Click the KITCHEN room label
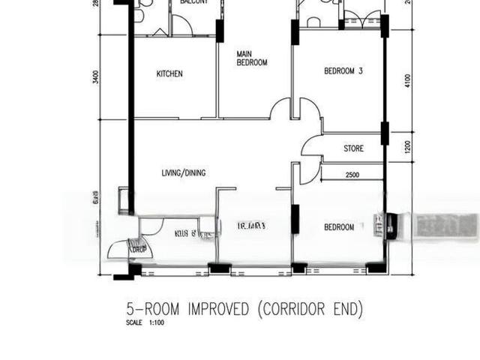[x=169, y=73]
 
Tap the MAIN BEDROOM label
[x=251, y=58]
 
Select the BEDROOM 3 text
[x=343, y=71]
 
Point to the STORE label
[x=353, y=148]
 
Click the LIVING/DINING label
[x=184, y=173]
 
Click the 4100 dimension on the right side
[x=408, y=80]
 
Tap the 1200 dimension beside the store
[x=408, y=148]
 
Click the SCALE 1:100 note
[x=145, y=323]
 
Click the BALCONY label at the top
[x=194, y=2]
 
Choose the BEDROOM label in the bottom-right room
[x=339, y=227]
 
